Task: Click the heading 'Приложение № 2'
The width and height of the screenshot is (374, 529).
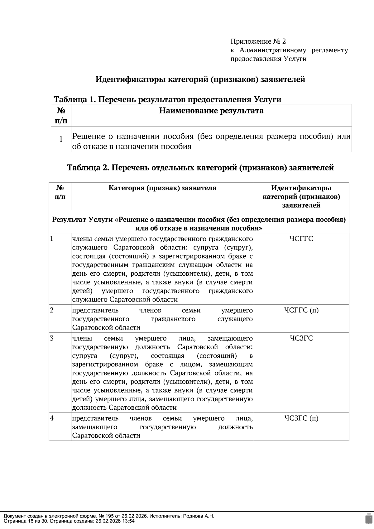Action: tap(258, 41)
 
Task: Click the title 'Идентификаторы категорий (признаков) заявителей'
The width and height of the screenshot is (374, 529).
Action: tap(200, 79)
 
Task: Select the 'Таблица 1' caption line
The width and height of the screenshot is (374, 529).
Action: tap(167, 99)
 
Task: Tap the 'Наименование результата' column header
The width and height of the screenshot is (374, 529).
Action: tap(211, 111)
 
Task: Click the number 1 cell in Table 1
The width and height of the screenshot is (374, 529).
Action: tap(61, 139)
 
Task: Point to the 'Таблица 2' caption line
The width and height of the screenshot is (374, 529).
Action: tap(200, 168)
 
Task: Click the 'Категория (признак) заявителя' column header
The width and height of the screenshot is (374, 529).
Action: tap(162, 188)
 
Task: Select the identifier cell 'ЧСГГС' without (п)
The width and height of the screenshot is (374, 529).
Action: tap(301, 239)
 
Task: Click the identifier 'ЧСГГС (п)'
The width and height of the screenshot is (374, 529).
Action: tap(301, 310)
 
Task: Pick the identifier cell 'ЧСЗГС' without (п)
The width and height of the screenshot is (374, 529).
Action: tap(301, 338)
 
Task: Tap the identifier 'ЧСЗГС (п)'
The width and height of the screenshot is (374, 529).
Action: tap(301, 418)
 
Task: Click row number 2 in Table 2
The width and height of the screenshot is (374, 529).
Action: tap(52, 310)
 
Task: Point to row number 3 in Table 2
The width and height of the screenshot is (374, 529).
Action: tap(52, 338)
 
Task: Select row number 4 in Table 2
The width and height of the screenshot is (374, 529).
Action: tap(52, 418)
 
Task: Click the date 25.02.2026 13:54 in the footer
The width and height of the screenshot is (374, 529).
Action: tap(115, 521)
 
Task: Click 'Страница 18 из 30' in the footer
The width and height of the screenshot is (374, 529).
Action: tap(26, 521)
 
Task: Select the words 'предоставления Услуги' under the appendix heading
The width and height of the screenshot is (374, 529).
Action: tap(268, 59)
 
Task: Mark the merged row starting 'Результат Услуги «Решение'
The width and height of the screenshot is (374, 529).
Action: tap(199, 224)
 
